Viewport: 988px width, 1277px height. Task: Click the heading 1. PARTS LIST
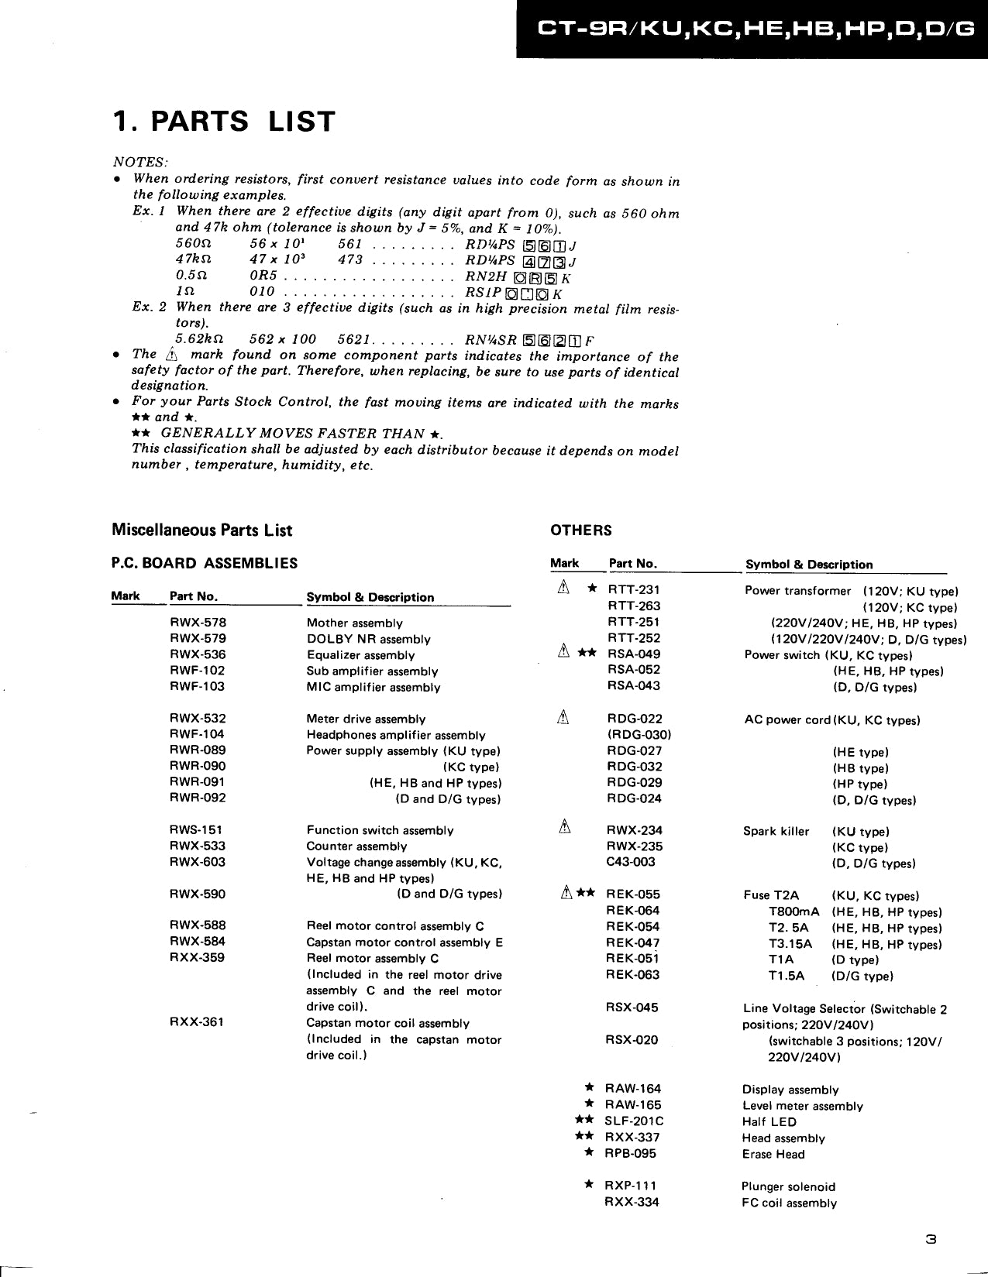click(224, 122)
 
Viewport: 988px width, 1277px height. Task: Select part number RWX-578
click(198, 623)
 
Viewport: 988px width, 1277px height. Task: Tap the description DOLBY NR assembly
click(368, 639)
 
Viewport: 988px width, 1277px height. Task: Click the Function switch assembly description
click(380, 830)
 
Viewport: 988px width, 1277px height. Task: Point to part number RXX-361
click(197, 1022)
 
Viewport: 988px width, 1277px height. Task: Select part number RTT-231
click(634, 589)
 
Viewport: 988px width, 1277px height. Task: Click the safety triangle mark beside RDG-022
click(564, 719)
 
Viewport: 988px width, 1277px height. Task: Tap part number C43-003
click(631, 862)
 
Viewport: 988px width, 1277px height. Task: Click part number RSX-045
click(632, 1008)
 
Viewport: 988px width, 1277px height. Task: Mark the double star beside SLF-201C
click(584, 1121)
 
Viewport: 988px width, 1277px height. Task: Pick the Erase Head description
click(773, 1154)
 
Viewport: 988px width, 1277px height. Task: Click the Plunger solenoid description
click(788, 1186)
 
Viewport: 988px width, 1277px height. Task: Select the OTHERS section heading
click(580, 530)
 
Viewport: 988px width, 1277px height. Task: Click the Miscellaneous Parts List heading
click(202, 530)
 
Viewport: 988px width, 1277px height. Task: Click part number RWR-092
click(198, 798)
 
